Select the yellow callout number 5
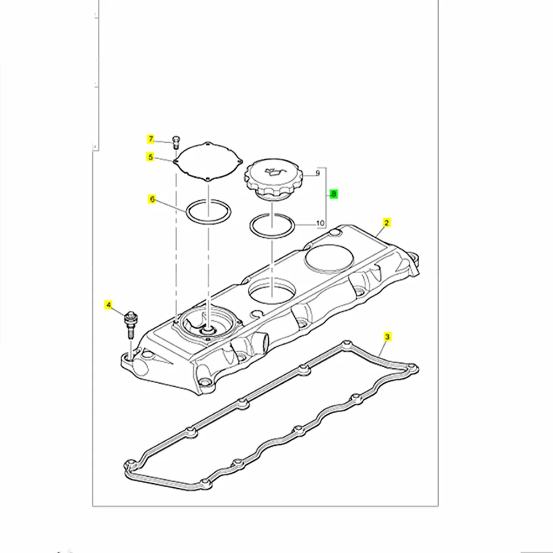coord(150,157)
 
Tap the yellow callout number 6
coord(150,200)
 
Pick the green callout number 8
coord(333,194)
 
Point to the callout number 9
coord(318,174)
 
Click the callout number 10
coord(320,224)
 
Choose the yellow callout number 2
coord(387,223)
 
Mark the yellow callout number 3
coord(388,336)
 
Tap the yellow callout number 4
coord(109,304)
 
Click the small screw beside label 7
coord(175,140)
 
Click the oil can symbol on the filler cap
coord(275,171)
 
